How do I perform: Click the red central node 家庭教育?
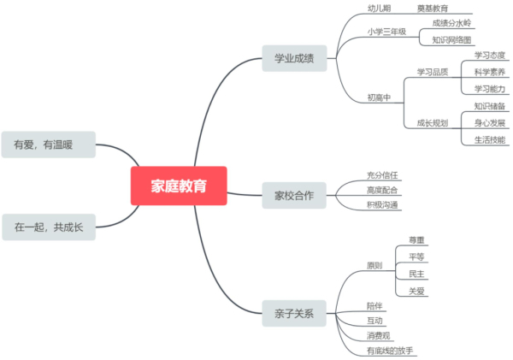[x=179, y=186]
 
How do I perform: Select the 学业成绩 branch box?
[x=293, y=59]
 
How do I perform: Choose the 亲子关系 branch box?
[x=293, y=314]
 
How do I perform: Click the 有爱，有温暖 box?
[x=44, y=145]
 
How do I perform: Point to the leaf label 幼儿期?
[x=379, y=8]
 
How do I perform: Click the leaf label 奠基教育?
[x=433, y=8]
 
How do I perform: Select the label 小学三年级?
[x=386, y=32]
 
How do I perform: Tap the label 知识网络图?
[x=451, y=39]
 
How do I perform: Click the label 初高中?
[x=379, y=97]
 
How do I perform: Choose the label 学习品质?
[x=432, y=72]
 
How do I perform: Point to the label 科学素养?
[x=489, y=72]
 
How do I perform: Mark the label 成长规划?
[x=432, y=123]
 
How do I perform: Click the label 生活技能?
[x=489, y=139]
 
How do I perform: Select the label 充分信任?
[x=382, y=175]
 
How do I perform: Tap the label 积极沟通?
[x=382, y=204]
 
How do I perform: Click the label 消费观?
[x=379, y=335]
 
